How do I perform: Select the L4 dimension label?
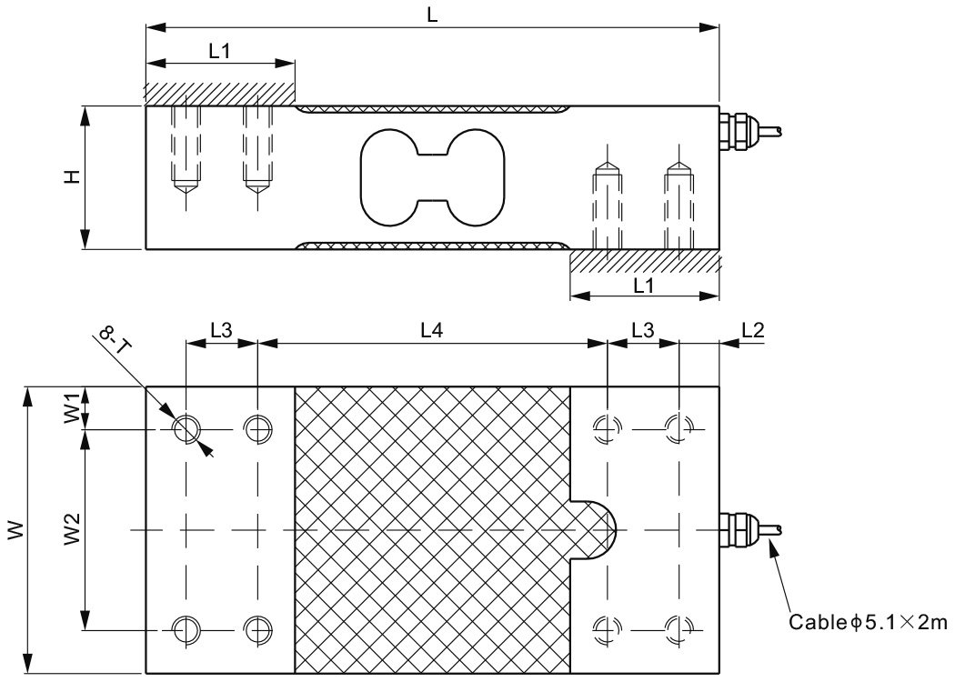point(432,331)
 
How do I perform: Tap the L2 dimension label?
point(752,331)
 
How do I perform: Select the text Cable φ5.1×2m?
point(869,623)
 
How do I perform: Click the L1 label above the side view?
point(219,52)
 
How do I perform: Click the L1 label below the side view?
point(644,285)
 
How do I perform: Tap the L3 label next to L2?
point(643,331)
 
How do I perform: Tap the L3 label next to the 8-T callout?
point(222,331)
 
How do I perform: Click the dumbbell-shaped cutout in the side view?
point(432,176)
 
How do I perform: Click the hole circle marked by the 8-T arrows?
point(187,428)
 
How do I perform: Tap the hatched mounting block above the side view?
point(219,94)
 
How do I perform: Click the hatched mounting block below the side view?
point(644,261)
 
